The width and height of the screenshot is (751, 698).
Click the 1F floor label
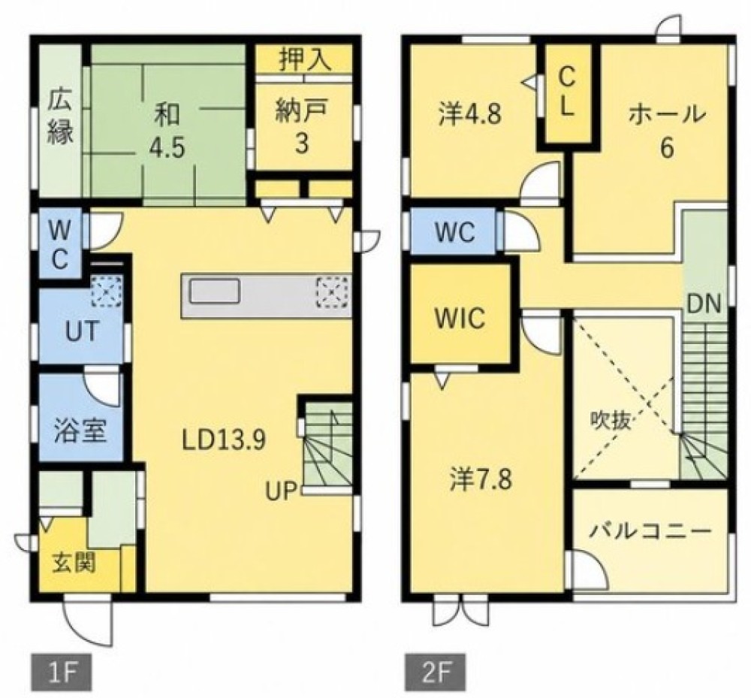(x=62, y=671)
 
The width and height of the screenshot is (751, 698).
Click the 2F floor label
(x=436, y=671)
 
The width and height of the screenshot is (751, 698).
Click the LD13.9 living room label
(x=224, y=441)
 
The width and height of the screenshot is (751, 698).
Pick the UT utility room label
(x=83, y=331)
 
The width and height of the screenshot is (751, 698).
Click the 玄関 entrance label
(x=74, y=562)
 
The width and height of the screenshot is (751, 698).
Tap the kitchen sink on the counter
(x=215, y=292)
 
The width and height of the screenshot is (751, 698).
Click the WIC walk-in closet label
(x=460, y=318)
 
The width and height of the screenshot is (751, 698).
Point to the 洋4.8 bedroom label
(x=469, y=115)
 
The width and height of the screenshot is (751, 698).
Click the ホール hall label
(x=667, y=114)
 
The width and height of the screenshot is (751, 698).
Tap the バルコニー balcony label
(x=650, y=532)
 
